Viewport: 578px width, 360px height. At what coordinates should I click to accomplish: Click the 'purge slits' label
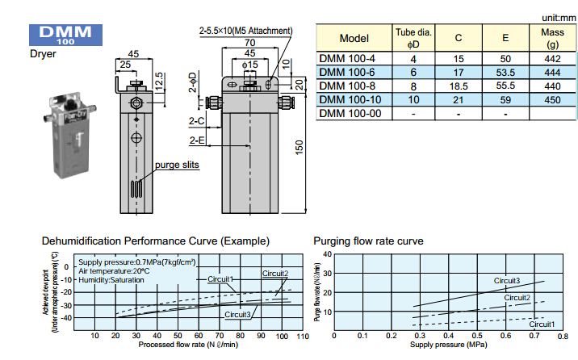pos(178,165)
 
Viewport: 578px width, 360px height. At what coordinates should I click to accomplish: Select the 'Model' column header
pos(354,38)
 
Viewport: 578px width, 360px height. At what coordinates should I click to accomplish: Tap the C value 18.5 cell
pos(459,85)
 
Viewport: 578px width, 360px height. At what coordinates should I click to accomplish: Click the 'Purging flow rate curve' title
pos(367,241)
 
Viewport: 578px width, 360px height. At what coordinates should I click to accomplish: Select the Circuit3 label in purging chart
pos(507,281)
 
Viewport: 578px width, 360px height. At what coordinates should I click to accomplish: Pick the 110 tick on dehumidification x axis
pos(303,336)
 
